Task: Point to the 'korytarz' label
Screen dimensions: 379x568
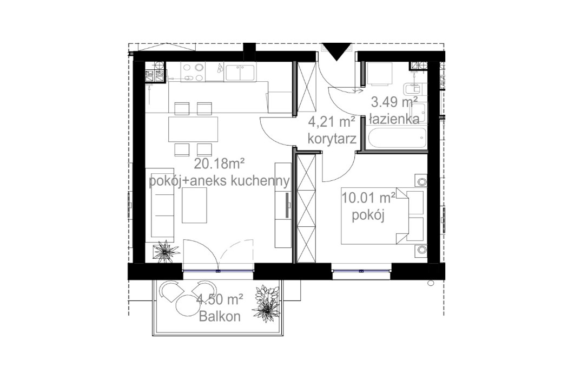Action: point(331,139)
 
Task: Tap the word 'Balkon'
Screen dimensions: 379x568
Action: point(219,317)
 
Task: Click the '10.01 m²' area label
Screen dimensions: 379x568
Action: point(368,195)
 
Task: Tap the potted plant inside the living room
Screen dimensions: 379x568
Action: point(165,251)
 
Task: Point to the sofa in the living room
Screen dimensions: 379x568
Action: point(162,201)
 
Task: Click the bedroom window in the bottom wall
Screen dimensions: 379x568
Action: point(361,269)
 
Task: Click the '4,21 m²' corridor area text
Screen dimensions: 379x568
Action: point(331,121)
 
